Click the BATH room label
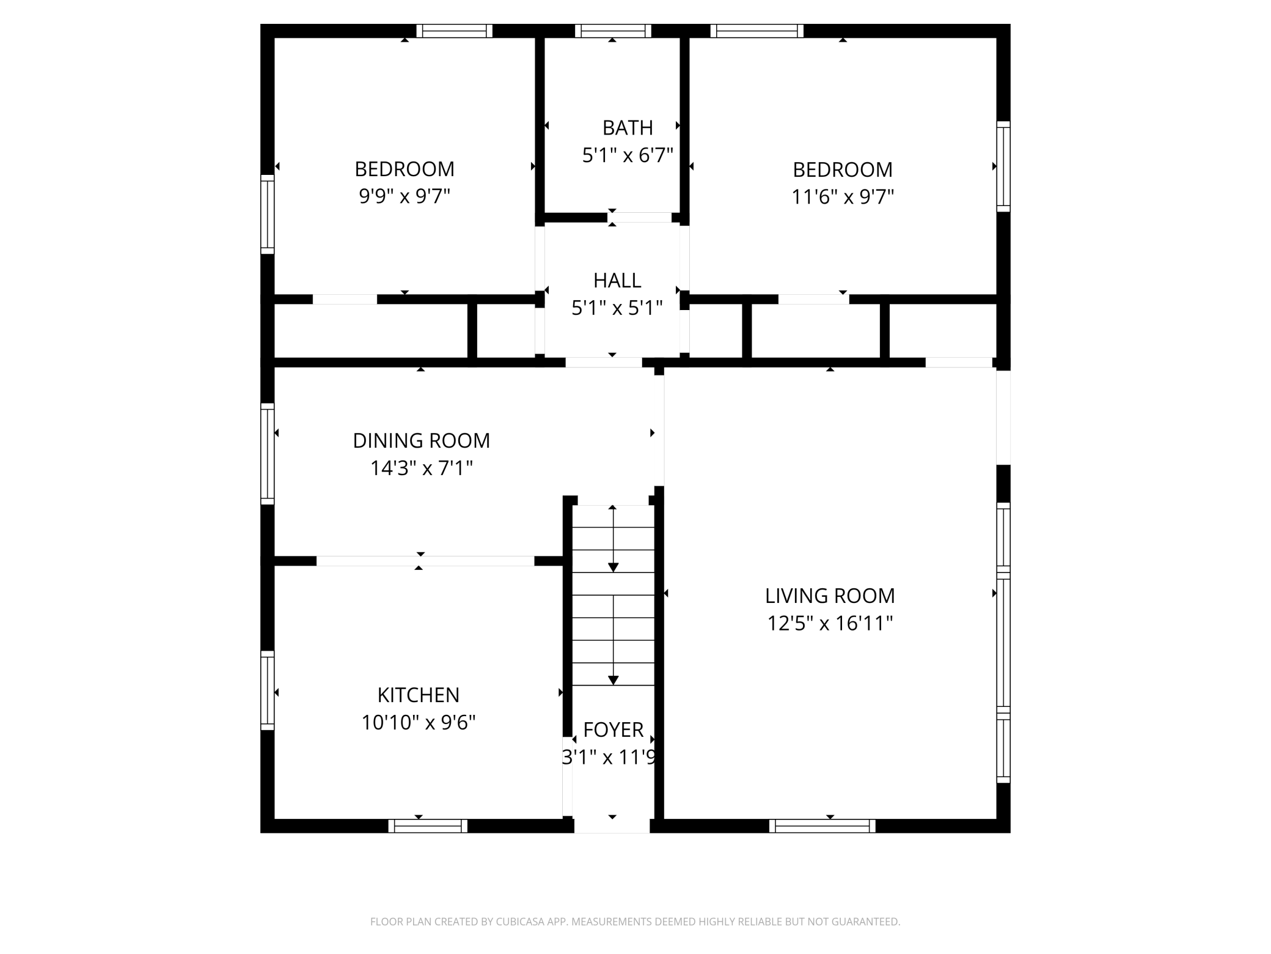tap(628, 128)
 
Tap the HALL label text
tap(617, 281)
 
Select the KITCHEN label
tap(419, 695)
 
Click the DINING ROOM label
tap(422, 440)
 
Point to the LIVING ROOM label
tap(830, 596)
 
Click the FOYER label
tap(614, 730)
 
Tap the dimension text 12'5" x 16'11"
tap(830, 623)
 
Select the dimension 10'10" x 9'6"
tap(419, 723)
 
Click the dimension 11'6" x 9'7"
tap(843, 197)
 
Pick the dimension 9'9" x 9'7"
tap(405, 196)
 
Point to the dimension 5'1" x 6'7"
tap(628, 155)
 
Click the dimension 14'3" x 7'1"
tap(422, 468)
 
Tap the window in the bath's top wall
tap(613, 31)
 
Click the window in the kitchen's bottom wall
tap(428, 826)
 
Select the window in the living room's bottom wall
tap(822, 826)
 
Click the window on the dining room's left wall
tap(268, 454)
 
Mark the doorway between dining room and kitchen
tap(425, 561)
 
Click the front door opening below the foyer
tap(612, 826)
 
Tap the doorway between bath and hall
tap(640, 218)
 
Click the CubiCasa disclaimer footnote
tap(635, 922)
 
